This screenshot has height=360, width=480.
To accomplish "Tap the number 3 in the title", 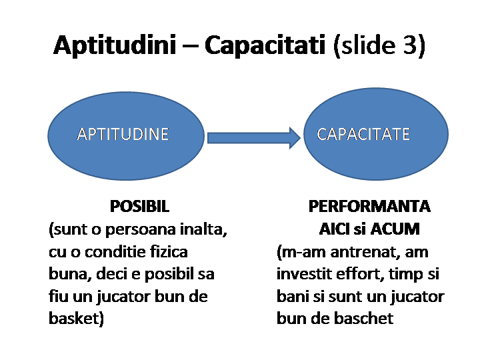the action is click(x=407, y=46).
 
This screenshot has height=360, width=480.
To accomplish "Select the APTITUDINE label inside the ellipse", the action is click(x=123, y=134).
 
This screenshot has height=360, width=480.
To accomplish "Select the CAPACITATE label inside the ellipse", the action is click(x=363, y=134).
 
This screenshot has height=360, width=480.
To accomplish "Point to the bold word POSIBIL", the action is click(x=140, y=206).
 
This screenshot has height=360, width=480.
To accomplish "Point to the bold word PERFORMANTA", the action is click(x=369, y=206).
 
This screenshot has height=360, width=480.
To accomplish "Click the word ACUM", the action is click(x=395, y=229).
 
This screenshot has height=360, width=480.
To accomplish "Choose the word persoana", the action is click(x=144, y=230).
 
